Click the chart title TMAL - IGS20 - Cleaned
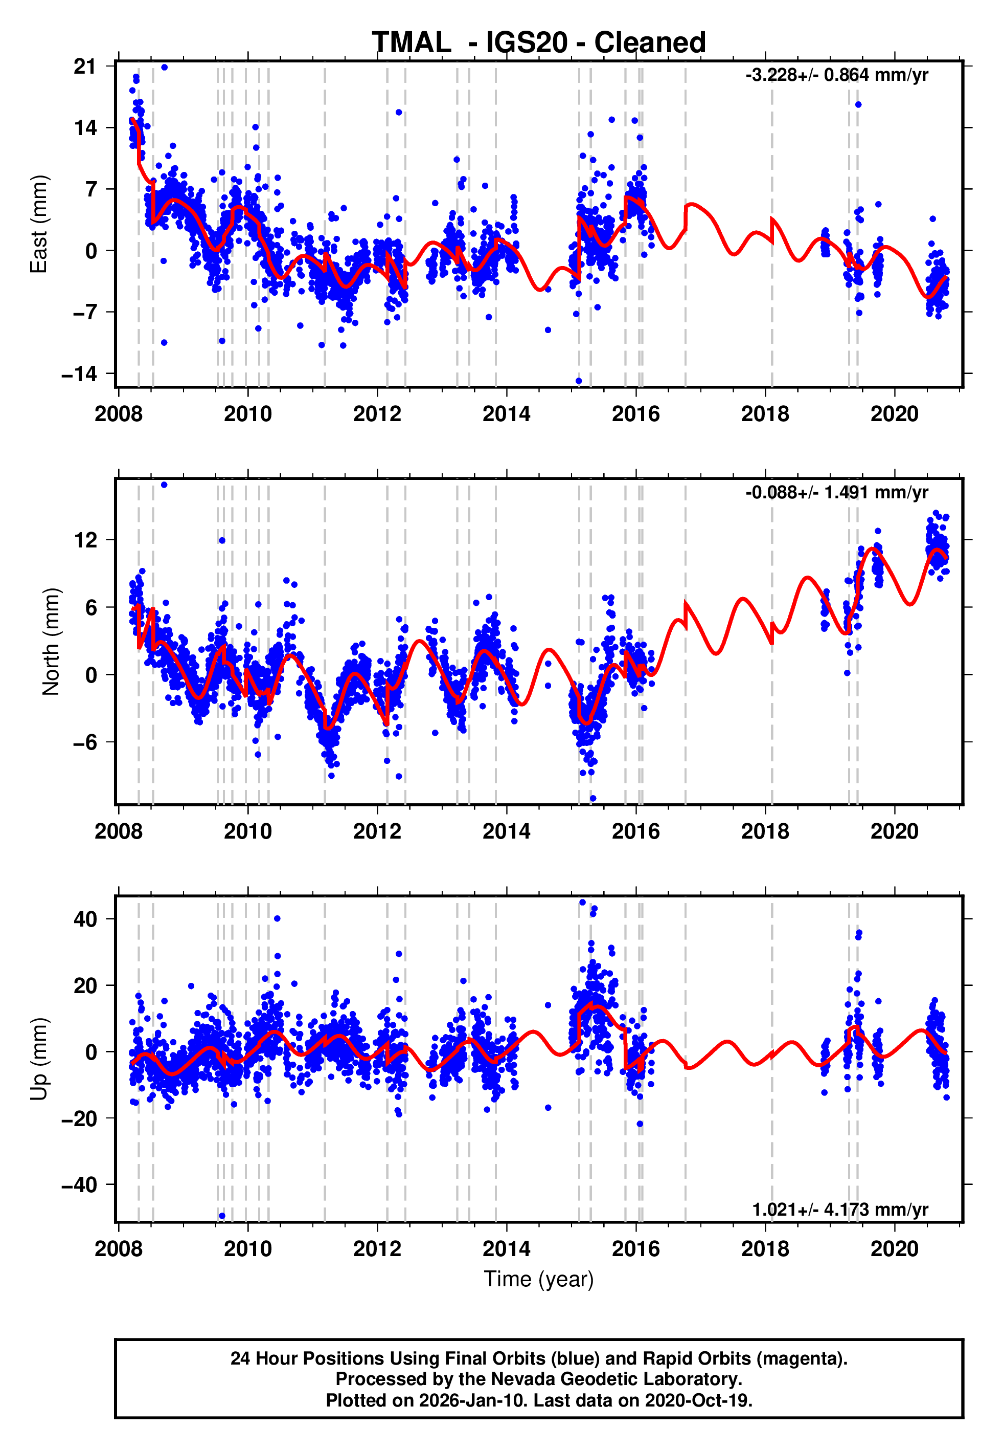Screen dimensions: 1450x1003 (x=539, y=43)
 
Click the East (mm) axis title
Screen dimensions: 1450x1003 (x=39, y=224)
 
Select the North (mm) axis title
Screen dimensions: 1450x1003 (x=51, y=642)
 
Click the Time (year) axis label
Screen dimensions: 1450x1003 (x=539, y=1279)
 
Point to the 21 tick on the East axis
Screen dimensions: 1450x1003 (x=85, y=66)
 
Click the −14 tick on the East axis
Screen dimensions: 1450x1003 (x=79, y=374)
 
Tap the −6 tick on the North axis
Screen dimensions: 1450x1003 (x=85, y=742)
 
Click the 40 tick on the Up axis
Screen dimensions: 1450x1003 (x=85, y=919)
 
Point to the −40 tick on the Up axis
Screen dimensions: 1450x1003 (x=79, y=1184)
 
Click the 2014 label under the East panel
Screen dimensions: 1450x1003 (x=506, y=414)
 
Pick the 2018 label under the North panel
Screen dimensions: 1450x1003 (x=765, y=831)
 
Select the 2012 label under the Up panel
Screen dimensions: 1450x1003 (x=377, y=1249)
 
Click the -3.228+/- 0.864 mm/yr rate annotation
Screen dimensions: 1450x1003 (x=836, y=75)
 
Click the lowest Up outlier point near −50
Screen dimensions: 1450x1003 (x=222, y=1216)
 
